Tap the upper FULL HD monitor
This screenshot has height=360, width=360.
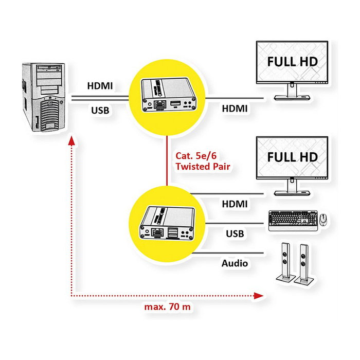tap(292, 64)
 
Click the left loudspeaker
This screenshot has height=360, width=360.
tap(283, 262)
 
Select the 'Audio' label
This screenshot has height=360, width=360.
tap(235, 263)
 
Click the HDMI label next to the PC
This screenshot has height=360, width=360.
tap(100, 86)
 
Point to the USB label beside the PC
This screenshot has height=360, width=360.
tap(100, 110)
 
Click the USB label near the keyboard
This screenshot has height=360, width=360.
tap(235, 233)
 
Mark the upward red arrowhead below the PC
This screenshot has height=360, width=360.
tap(71, 141)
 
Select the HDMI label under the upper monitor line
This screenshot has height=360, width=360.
tap(235, 109)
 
